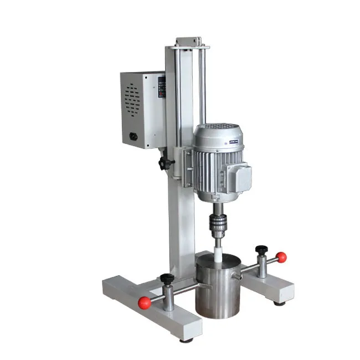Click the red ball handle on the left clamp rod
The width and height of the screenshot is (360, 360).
pyautogui.click(x=145, y=302)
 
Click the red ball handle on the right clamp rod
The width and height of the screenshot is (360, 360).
pyautogui.click(x=281, y=257)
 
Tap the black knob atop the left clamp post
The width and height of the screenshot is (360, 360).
pyautogui.click(x=167, y=279)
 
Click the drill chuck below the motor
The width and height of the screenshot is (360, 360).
pyautogui.click(x=216, y=225)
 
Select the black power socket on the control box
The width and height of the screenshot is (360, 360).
pyautogui.click(x=133, y=135)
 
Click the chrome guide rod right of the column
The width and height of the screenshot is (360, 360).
pyautogui.click(x=202, y=83)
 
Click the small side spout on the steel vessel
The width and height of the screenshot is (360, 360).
pyautogui.click(x=238, y=275)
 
